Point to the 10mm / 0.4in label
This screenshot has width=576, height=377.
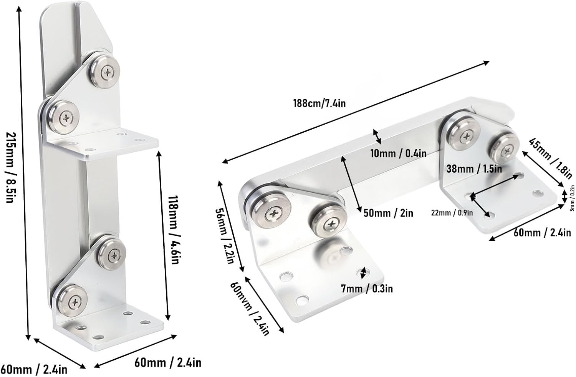(x=398, y=153)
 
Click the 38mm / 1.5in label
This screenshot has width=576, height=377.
(x=474, y=168)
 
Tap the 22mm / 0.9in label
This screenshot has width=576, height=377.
(x=452, y=212)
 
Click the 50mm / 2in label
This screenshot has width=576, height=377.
(x=388, y=213)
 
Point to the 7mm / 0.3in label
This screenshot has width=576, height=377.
(x=367, y=288)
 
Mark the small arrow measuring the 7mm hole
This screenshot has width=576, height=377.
(x=362, y=273)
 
